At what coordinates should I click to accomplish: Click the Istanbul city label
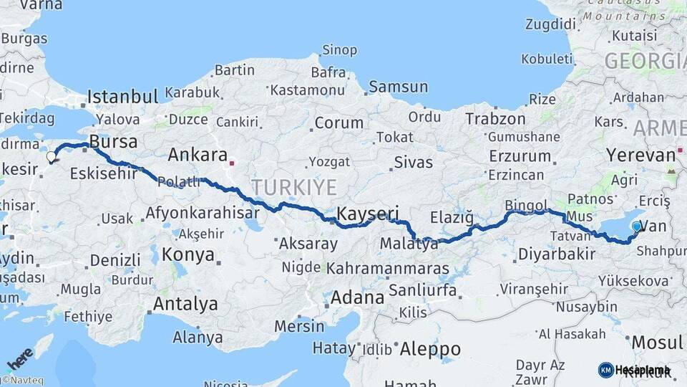tap(122, 97)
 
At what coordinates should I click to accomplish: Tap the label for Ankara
tap(198, 155)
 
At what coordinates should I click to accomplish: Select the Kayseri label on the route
tap(367, 214)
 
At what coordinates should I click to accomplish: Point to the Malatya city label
tap(409, 244)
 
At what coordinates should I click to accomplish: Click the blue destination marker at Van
tap(636, 227)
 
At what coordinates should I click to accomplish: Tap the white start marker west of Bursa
tap(51, 156)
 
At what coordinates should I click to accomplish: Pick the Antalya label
tap(185, 304)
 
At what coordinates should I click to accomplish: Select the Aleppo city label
tap(430, 349)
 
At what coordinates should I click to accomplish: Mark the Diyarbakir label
tap(557, 254)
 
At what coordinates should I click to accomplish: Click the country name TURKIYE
tap(293, 188)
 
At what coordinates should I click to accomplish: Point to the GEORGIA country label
tap(645, 61)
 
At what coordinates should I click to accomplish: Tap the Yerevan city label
tap(640, 155)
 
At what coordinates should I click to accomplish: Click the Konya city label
tap(187, 254)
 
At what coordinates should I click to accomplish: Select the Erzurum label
tap(520, 156)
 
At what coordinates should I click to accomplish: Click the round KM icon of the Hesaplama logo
tap(605, 370)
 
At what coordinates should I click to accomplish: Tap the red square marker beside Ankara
tap(232, 163)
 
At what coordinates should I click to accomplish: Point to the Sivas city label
tap(414, 163)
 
